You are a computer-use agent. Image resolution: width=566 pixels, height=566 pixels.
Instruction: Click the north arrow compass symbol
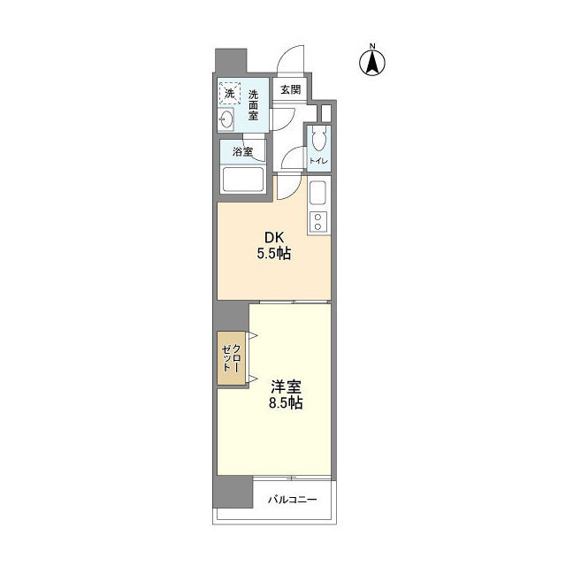coord(373,62)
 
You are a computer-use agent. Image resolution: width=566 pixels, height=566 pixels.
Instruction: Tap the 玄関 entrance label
coord(290,89)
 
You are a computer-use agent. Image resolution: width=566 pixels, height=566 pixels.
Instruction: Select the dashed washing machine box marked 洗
coord(230,93)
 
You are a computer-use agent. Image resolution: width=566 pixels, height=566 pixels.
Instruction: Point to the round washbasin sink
coord(227,119)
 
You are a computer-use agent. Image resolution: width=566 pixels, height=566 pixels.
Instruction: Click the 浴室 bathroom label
coord(242,151)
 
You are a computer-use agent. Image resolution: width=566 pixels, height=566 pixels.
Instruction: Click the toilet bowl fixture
coord(319,138)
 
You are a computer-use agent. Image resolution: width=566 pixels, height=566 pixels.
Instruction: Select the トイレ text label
coord(318,160)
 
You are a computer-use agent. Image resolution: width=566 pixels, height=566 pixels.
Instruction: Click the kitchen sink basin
coord(318,192)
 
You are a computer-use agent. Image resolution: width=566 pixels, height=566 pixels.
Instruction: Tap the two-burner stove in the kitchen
coord(318,221)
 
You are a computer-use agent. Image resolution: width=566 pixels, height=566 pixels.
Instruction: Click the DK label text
coord(275,236)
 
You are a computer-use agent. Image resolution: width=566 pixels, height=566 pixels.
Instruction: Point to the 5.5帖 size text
coord(275,254)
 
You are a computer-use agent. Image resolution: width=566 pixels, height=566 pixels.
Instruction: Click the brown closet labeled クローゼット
coord(232,358)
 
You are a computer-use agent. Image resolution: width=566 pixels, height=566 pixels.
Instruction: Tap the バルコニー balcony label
coord(292,501)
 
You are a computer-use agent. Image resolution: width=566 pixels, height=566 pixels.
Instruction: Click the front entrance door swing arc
coord(290,62)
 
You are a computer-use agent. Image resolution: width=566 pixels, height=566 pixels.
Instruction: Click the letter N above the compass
coord(373,45)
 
